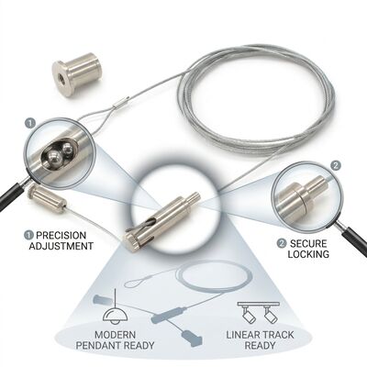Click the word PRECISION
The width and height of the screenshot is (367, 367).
point(61,235)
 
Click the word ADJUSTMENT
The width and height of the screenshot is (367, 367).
point(61,246)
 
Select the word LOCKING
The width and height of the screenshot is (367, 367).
point(308,254)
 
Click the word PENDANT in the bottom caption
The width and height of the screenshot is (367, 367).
point(98,345)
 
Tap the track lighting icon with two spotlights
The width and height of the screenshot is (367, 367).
point(259,312)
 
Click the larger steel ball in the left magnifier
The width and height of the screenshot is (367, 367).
point(53,159)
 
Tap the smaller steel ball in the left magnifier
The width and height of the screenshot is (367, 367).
point(67,150)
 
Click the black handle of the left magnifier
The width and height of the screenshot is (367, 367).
point(11,196)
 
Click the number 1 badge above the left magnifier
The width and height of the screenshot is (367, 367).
point(30,123)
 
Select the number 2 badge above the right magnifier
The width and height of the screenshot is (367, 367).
point(336,166)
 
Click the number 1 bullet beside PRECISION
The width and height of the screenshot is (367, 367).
point(29,235)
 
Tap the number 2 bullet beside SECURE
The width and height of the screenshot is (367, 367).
point(282,244)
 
